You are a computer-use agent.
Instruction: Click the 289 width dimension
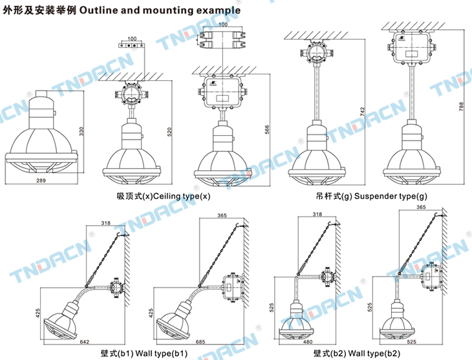pyautogui.click(x=42, y=181)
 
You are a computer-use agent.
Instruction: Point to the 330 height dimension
pyautogui.click(x=81, y=131)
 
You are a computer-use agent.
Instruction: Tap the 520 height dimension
pyautogui.click(x=170, y=131)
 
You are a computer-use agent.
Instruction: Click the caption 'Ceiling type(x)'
pyautogui.click(x=159, y=196)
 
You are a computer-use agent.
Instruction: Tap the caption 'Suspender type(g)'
pyautogui.click(x=372, y=196)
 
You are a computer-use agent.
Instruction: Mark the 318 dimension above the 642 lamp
pyautogui.click(x=105, y=223)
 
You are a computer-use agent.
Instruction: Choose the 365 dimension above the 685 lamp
pyautogui.click(x=222, y=215)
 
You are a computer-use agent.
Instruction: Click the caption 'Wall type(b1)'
pyautogui.click(x=144, y=353)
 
